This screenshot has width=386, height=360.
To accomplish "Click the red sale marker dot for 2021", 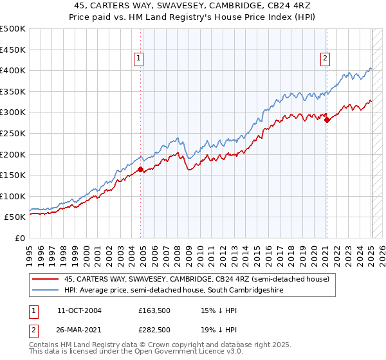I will [x=327, y=120].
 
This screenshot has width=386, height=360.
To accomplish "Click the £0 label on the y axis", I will [x=21, y=238].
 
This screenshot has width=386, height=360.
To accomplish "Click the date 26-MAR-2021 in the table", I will [x=80, y=330].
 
